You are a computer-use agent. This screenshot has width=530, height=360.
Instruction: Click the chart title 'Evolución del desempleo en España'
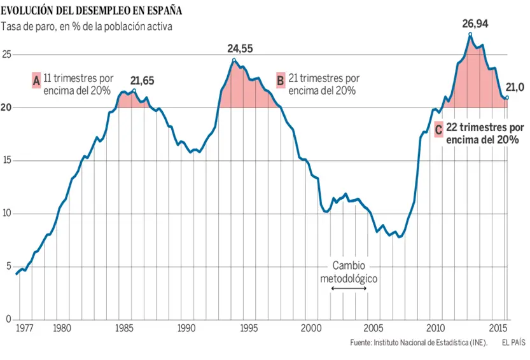point(92,10)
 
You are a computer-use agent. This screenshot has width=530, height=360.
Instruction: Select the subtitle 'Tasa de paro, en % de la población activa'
point(87,26)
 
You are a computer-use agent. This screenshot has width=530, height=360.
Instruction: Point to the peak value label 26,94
point(476,24)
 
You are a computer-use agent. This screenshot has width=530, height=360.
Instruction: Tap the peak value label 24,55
point(245,48)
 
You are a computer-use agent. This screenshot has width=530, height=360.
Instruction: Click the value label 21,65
point(142,81)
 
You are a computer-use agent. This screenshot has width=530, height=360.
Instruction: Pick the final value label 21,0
point(514,88)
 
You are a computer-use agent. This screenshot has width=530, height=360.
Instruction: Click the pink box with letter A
point(36,80)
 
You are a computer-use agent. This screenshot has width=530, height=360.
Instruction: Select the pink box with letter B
point(280,80)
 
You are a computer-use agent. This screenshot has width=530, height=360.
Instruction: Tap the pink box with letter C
point(438,131)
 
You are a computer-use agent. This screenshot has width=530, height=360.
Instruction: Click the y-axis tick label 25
point(7,55)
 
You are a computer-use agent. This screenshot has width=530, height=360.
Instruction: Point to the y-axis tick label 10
point(7,213)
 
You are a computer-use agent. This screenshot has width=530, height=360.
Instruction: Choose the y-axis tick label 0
point(9,319)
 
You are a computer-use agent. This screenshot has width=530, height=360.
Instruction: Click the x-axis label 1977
point(24,329)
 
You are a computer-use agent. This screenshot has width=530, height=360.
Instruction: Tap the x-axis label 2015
point(497,329)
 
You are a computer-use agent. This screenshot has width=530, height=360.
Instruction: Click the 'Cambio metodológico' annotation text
point(349,273)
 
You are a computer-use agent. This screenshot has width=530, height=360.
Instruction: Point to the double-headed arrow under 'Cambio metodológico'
point(349,289)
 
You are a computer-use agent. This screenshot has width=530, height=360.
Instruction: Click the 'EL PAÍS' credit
point(513,343)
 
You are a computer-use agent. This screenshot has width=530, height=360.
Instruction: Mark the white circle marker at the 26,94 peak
point(470,34)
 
